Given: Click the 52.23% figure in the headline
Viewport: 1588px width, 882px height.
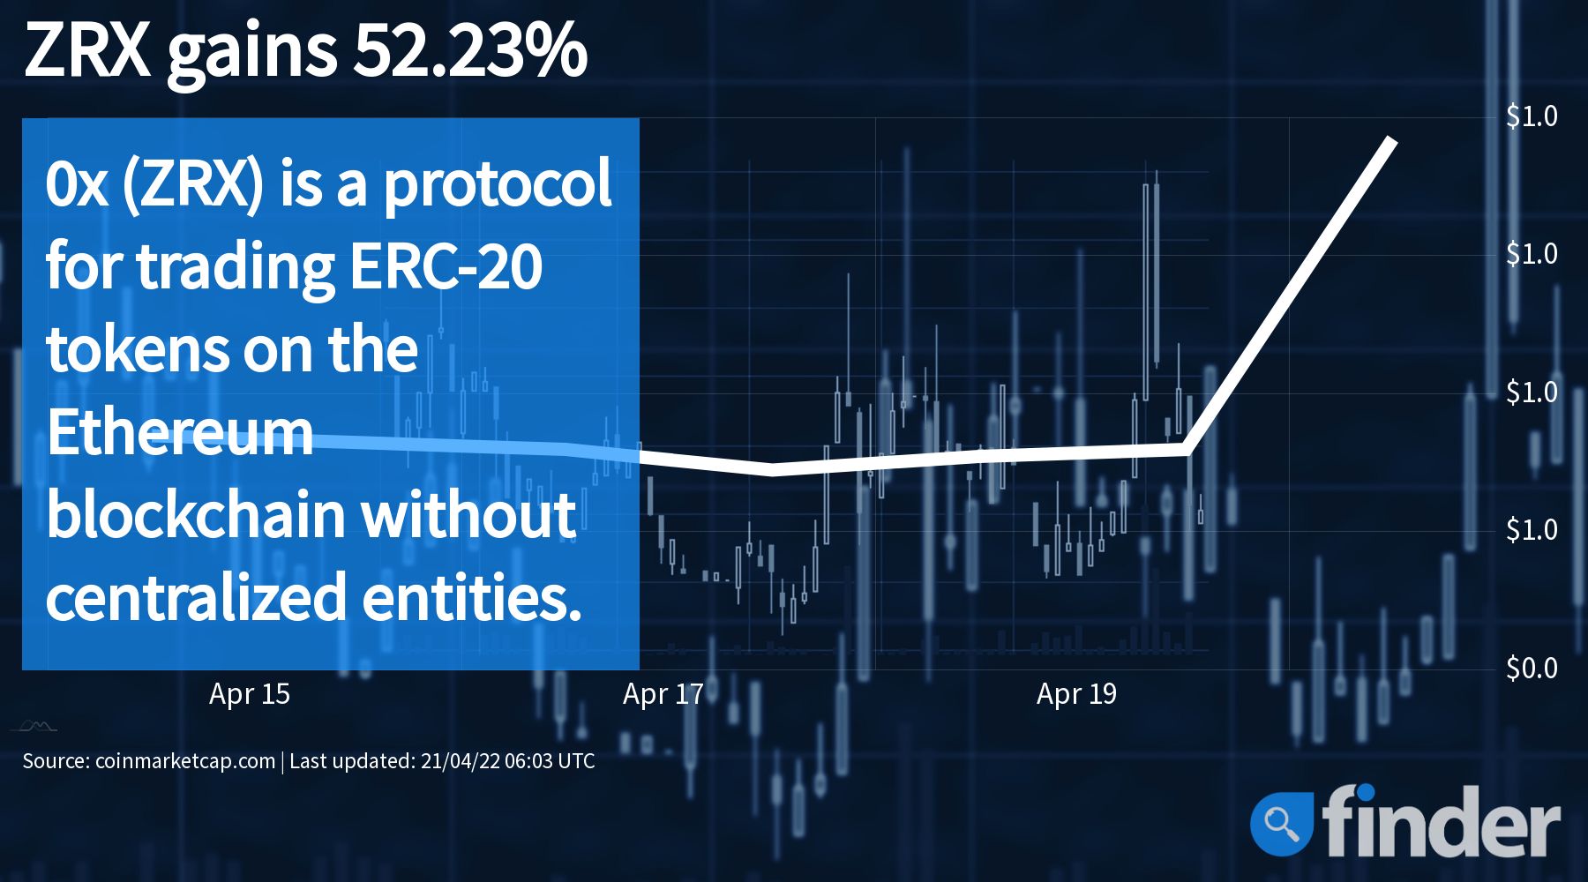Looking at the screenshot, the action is click(x=470, y=50).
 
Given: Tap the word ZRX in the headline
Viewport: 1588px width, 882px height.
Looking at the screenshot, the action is click(x=87, y=50).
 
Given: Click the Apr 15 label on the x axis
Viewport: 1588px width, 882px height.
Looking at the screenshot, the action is click(x=250, y=694).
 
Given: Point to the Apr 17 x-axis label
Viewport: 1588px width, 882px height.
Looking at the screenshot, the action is click(x=663, y=694).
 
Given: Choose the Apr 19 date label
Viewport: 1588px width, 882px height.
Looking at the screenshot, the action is click(x=1076, y=694).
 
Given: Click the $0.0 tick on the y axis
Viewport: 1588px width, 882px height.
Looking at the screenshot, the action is click(x=1532, y=668).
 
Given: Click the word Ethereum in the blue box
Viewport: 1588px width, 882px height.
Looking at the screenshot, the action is click(x=180, y=432).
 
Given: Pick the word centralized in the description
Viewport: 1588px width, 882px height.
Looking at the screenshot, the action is click(x=196, y=597).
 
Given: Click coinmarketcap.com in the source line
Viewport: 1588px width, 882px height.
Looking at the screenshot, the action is click(x=185, y=761).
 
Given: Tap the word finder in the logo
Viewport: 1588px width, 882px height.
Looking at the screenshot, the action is click(x=1441, y=819).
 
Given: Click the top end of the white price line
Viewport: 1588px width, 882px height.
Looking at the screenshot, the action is click(x=1392, y=139).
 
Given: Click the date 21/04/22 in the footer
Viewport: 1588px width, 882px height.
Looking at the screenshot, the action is click(x=460, y=761).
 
